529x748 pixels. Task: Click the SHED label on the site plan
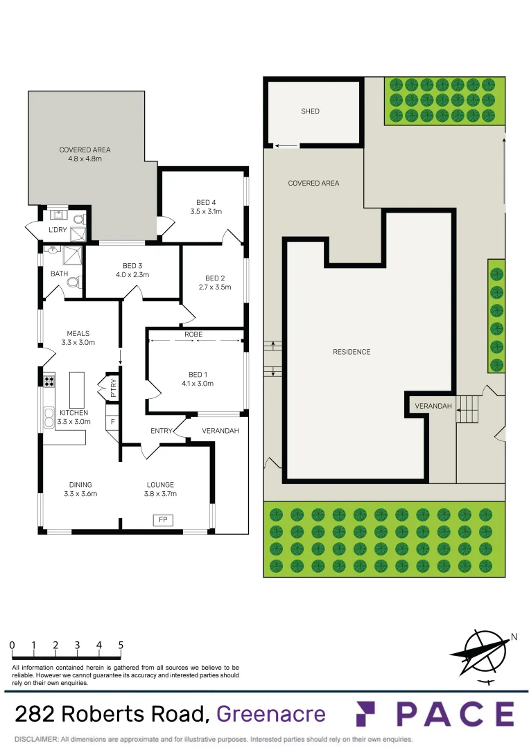(310, 111)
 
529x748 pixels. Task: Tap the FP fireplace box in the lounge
(163, 520)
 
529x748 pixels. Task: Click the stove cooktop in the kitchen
(49, 380)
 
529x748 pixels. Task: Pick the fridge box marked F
(112, 421)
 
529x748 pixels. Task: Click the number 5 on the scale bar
(121, 645)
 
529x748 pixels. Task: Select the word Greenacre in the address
(271, 713)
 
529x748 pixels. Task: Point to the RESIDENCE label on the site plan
(352, 352)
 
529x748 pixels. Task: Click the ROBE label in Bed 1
(193, 334)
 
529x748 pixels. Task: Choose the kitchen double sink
(49, 417)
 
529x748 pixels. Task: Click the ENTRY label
(162, 431)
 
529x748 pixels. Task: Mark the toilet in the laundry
(78, 219)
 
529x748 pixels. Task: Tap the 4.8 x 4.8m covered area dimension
(85, 159)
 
